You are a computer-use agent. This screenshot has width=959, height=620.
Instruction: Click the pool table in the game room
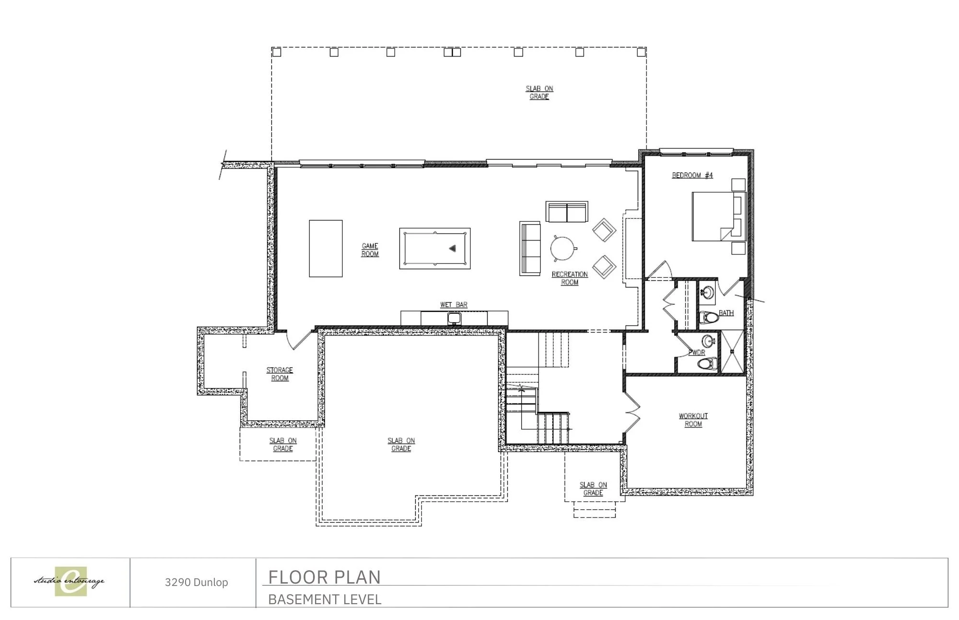point(435,248)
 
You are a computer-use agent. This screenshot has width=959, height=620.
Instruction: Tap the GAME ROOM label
point(370,250)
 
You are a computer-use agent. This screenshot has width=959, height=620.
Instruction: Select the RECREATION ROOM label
point(570,278)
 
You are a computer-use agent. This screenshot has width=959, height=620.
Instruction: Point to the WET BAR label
point(454,305)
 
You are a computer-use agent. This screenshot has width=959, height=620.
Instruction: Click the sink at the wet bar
point(454,319)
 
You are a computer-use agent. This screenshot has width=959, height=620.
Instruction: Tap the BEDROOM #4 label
point(692,175)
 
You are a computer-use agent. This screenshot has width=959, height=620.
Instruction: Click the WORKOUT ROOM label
point(693,420)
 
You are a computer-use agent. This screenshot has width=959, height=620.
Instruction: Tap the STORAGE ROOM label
point(280,374)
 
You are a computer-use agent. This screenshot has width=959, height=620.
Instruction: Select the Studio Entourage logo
point(70,582)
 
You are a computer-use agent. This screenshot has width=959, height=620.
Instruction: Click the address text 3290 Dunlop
point(196,582)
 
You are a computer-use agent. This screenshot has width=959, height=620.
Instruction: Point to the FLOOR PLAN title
point(324,577)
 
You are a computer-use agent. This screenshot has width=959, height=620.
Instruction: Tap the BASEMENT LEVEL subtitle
point(325,599)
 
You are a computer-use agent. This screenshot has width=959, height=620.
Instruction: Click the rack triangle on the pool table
point(452,248)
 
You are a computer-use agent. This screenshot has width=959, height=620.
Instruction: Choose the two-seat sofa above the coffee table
point(567,212)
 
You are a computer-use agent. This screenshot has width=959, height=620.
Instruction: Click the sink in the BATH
point(706,292)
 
